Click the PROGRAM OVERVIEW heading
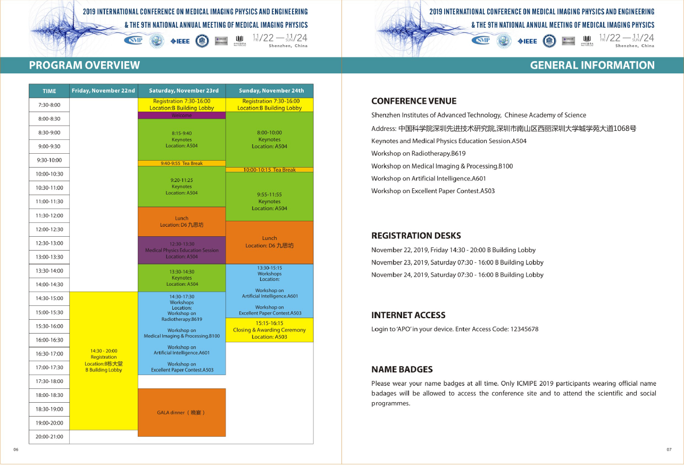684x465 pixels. pyautogui.click(x=85, y=65)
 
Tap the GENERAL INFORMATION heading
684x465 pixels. pyautogui.click(x=592, y=65)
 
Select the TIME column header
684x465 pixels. pyautogui.click(x=49, y=91)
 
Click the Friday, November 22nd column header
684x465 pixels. pyautogui.click(x=104, y=90)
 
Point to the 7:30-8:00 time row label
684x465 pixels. pyautogui.click(x=49, y=105)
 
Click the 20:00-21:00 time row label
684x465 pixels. pyautogui.click(x=49, y=437)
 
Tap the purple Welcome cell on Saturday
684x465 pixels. pyautogui.click(x=182, y=115)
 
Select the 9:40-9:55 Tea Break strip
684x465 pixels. pyautogui.click(x=182, y=163)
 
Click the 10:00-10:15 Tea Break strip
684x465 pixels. pyautogui.click(x=270, y=170)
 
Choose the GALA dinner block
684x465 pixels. pyautogui.click(x=181, y=412)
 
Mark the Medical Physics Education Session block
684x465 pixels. pyautogui.click(x=182, y=250)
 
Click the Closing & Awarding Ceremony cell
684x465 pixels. pyautogui.click(x=270, y=330)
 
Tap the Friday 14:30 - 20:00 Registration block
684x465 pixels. pyautogui.click(x=104, y=361)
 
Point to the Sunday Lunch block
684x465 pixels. pyautogui.click(x=270, y=242)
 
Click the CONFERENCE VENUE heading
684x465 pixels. pyautogui.click(x=414, y=101)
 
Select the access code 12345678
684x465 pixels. pyautogui.click(x=524, y=329)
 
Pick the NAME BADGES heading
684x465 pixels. pyautogui.click(x=402, y=369)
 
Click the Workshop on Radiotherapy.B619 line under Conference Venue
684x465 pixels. pyautogui.click(x=418, y=153)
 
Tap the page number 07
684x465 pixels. pyautogui.click(x=669, y=450)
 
